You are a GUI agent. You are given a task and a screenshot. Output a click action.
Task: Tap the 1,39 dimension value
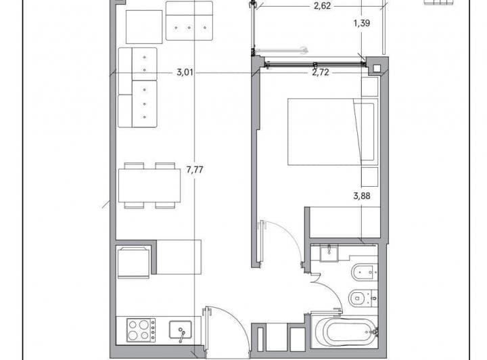[363, 24]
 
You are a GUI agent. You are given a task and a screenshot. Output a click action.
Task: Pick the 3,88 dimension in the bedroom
[363, 198]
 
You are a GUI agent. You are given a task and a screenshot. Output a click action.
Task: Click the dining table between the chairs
[149, 185]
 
